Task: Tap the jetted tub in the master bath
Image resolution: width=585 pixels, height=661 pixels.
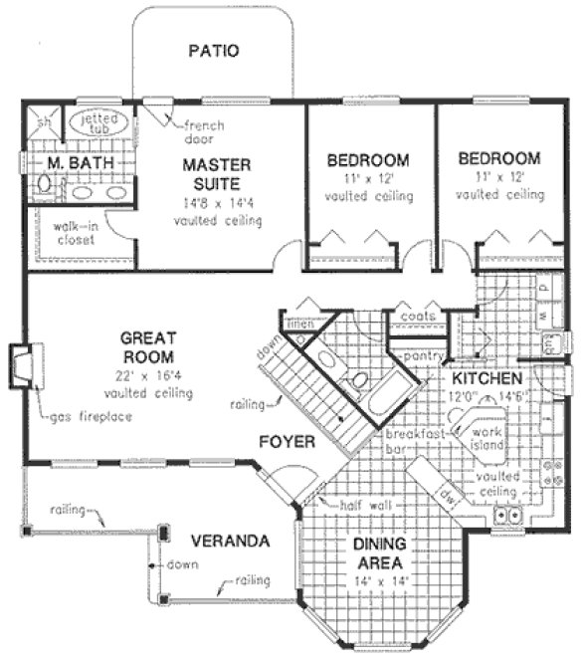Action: click(97, 124)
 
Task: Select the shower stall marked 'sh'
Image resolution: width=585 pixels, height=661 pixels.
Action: click(43, 124)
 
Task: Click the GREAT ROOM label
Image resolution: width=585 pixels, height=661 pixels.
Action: click(149, 345)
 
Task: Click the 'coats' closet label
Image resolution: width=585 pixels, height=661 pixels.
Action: click(415, 317)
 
